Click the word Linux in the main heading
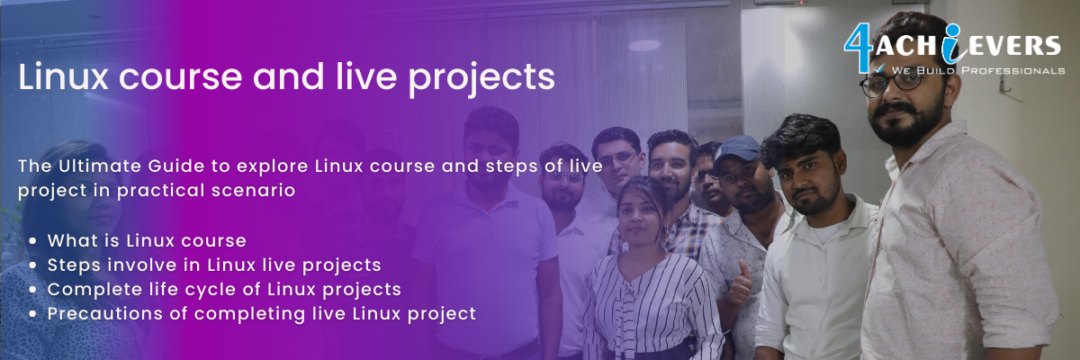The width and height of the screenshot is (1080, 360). click(x=63, y=76)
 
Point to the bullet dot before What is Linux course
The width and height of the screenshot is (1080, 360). click(x=32, y=240)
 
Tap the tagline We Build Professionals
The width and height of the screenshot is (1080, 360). click(x=977, y=71)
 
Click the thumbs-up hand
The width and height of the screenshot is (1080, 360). click(x=741, y=285)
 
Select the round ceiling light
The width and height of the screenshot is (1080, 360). click(x=644, y=45)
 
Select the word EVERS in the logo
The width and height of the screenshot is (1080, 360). click(x=1012, y=46)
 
